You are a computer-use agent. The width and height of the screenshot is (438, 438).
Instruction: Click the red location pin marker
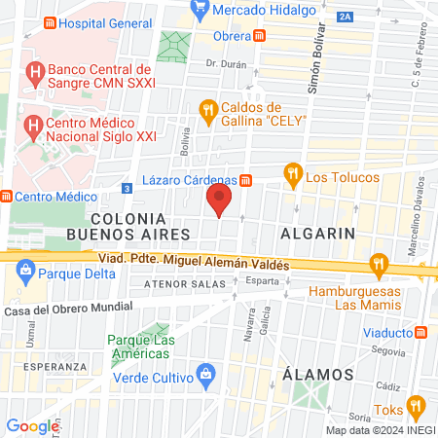[x=219, y=201]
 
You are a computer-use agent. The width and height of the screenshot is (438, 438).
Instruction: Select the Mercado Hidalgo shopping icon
[x=201, y=10]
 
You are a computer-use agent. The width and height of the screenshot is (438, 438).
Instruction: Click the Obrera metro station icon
[x=259, y=36]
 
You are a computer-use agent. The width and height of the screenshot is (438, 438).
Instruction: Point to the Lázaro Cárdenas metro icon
[x=246, y=179]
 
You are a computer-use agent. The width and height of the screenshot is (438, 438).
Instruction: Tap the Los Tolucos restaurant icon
[x=292, y=175]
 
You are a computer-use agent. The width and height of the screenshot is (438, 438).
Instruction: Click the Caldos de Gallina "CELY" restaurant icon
[x=207, y=112]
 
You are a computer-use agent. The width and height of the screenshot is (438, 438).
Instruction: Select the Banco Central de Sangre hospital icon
[x=35, y=71]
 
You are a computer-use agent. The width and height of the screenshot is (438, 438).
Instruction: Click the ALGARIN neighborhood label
[x=317, y=234]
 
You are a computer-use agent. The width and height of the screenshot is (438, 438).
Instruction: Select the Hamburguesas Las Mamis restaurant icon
[x=380, y=264]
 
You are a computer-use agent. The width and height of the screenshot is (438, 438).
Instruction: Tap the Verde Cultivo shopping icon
[x=205, y=373]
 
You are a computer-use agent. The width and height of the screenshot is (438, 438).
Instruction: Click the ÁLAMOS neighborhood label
[x=317, y=374]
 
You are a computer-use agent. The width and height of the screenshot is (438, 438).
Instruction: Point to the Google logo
[x=31, y=425]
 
